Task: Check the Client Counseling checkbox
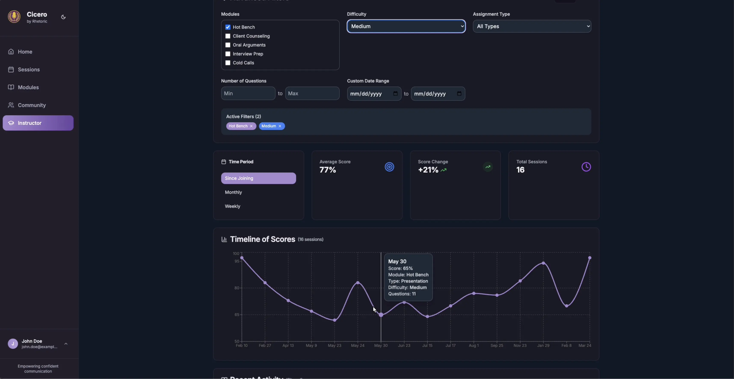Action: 228,36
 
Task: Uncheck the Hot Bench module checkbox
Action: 228,27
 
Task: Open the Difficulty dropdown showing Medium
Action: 406,26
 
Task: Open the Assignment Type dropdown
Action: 532,26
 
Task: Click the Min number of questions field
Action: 248,93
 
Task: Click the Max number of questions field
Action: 312,93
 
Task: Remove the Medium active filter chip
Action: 280,126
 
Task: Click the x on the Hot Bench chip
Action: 251,126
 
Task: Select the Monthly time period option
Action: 233,192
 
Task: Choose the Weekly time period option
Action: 232,206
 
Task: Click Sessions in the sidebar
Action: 28,70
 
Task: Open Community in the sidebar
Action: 32,105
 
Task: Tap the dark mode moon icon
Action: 63,17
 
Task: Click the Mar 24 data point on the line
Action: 590,258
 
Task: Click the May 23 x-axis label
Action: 334,345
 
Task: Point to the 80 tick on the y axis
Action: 237,288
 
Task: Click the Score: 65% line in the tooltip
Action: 400,268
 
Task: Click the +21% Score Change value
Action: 428,170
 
